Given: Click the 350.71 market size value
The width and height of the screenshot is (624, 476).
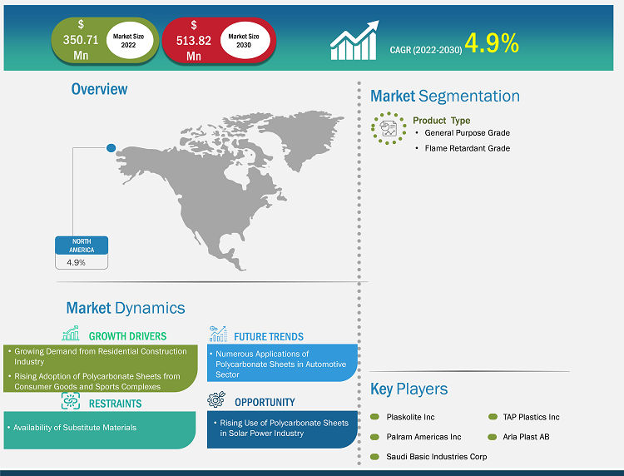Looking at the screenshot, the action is coord(81,40).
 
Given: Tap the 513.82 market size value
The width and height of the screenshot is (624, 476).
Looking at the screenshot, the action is coord(194,41).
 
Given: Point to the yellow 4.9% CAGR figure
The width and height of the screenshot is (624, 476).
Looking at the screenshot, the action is coord(492,43).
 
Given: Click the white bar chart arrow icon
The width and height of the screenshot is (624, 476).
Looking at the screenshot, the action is coord(354,41).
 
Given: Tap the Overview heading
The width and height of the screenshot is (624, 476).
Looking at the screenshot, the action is coord(100,89).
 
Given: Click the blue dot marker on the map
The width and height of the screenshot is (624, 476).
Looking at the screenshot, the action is coord(111,148).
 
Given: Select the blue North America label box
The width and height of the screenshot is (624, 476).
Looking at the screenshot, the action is coord(82,245).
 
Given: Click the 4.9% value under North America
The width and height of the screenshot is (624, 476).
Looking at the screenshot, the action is coord(76,263).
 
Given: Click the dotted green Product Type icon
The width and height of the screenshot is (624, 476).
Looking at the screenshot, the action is coord(389,128).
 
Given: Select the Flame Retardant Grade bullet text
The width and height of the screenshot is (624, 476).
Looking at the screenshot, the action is coord(468,148).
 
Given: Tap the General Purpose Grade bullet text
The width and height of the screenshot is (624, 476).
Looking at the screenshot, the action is coord(468,133).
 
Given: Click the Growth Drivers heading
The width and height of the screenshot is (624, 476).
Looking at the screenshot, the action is coord(128,336).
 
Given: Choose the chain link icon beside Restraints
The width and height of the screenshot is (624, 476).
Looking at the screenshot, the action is coord(71,400).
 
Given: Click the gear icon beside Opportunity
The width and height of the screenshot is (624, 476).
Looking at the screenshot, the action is coord(216,399).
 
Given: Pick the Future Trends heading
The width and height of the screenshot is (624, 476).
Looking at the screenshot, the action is coord(269,337).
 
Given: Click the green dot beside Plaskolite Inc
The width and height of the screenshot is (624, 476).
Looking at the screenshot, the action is coord(374,417).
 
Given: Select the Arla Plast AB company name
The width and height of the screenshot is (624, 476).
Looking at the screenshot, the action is coord(526,437).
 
